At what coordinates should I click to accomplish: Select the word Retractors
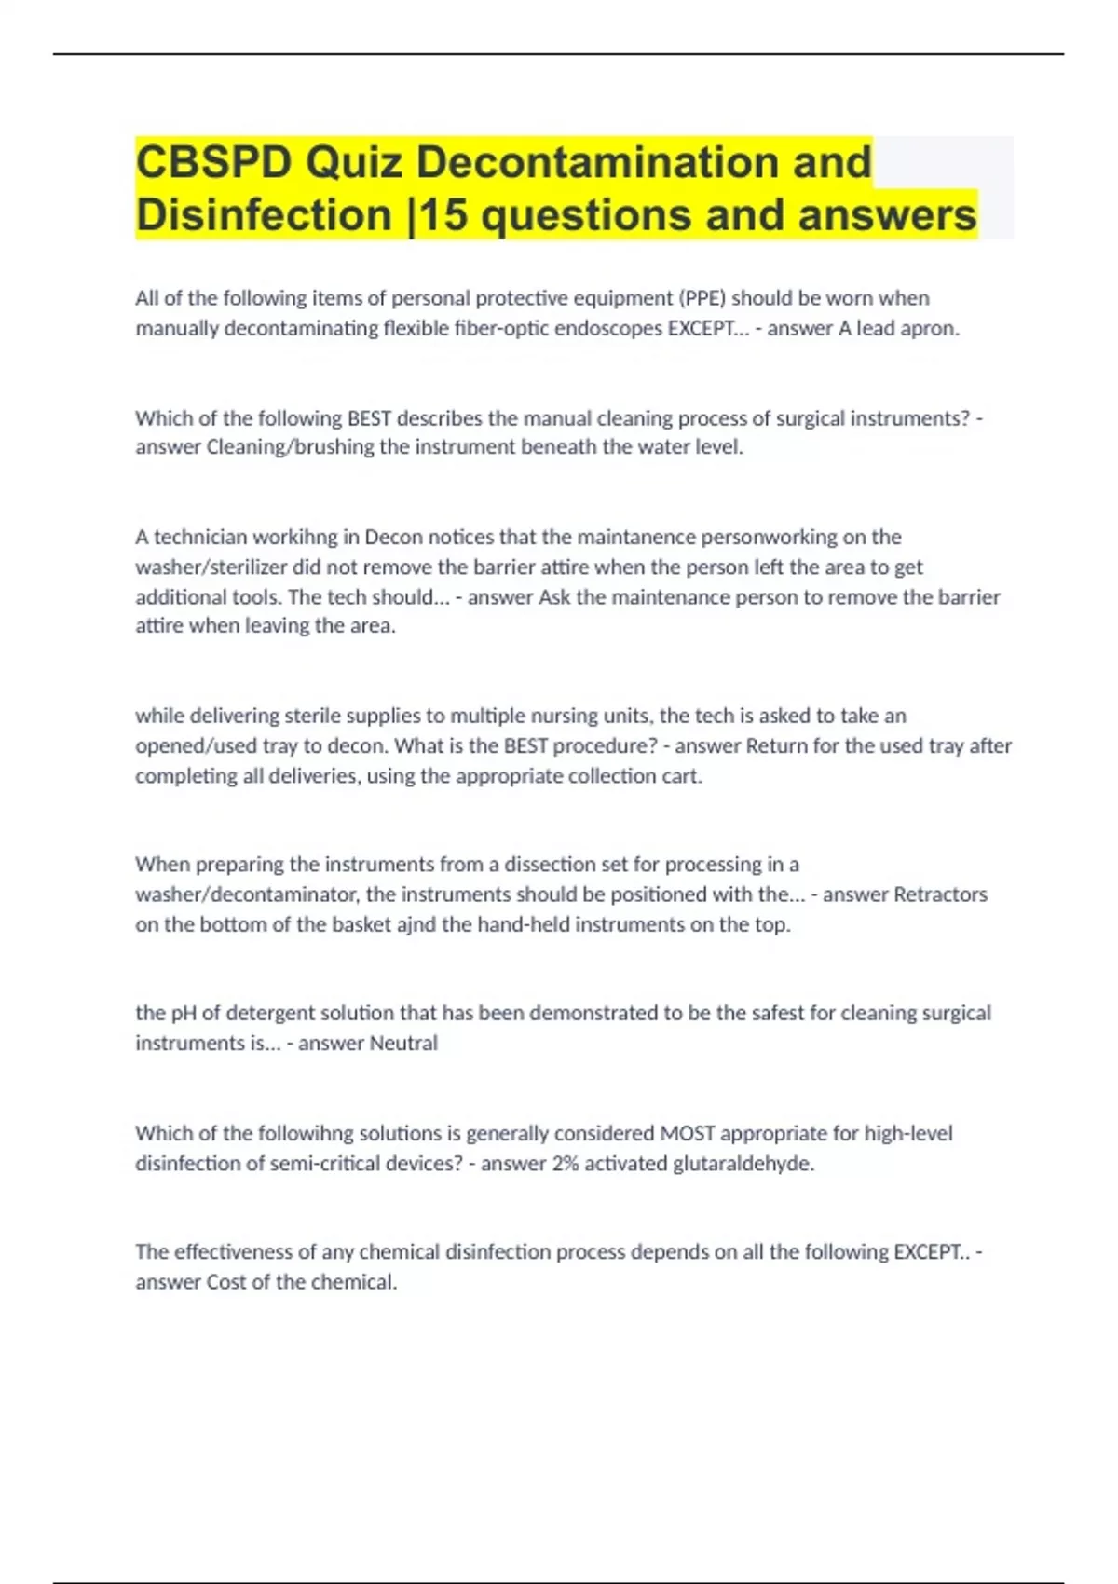(x=940, y=894)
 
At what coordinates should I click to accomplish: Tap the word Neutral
(x=403, y=1043)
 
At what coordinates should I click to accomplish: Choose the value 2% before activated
(x=565, y=1163)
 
